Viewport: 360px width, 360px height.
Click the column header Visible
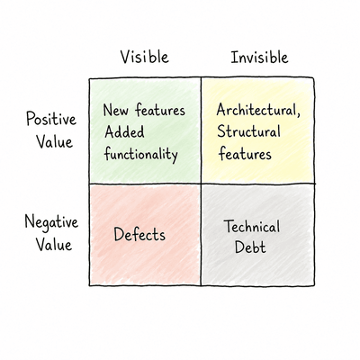[145, 57]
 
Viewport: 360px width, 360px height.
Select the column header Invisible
[259, 57]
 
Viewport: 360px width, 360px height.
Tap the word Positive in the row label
[51, 120]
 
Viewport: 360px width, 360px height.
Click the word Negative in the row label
[51, 222]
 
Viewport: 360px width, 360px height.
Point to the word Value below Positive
[55, 141]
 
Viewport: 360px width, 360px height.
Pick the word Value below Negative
[54, 244]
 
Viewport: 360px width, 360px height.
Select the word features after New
[159, 110]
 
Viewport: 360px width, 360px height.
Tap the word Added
[124, 132]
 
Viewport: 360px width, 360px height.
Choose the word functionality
[141, 154]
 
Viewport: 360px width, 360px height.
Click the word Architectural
[256, 110]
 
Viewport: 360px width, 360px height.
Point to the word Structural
[248, 131]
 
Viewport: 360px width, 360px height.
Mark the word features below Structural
[245, 154]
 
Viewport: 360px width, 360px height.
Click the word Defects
[139, 234]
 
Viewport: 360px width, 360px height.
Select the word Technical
[253, 227]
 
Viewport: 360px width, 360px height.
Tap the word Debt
[250, 247]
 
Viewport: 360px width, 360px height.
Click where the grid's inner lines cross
[201, 184]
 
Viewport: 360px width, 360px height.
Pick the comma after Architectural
[298, 114]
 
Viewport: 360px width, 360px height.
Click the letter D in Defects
[119, 234]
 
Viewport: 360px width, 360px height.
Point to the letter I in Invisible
[234, 57]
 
